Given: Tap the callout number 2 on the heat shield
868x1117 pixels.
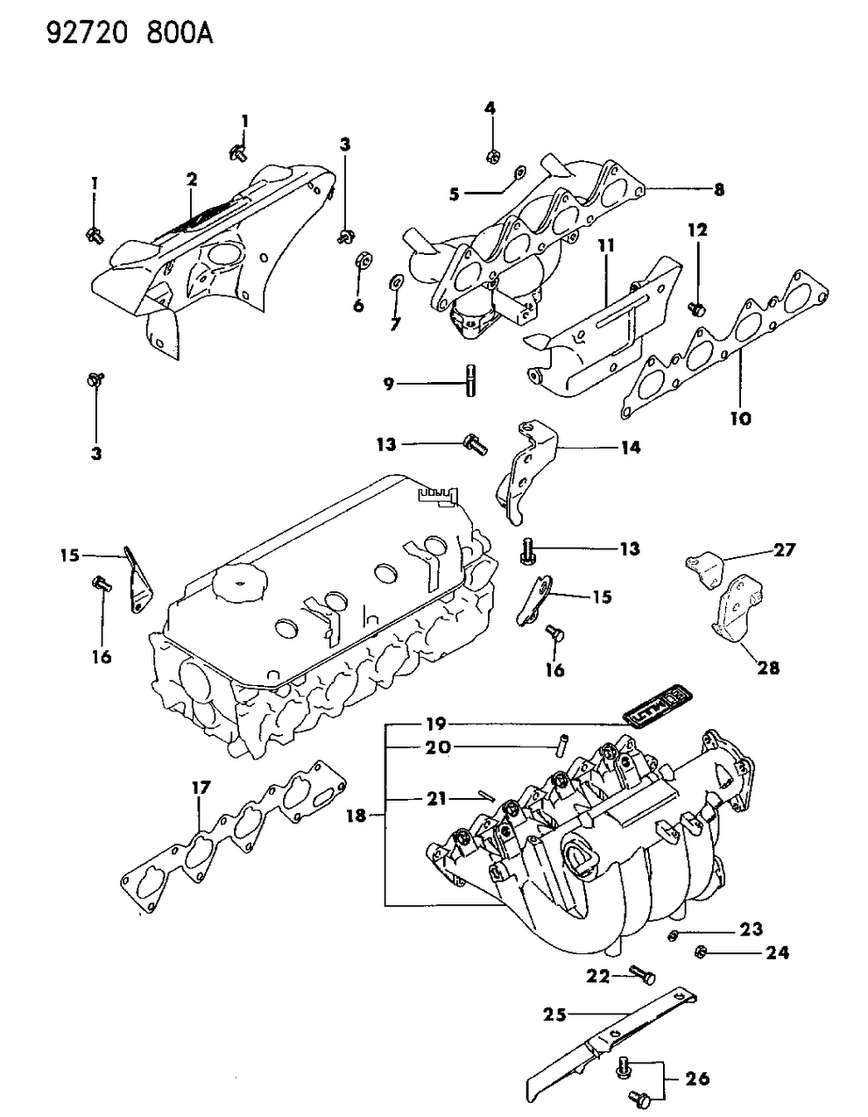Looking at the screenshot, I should pyautogui.click(x=191, y=180).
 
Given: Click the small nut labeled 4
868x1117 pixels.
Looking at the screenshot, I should pyautogui.click(x=491, y=158).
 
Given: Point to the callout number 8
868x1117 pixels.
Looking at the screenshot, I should pyautogui.click(x=719, y=188).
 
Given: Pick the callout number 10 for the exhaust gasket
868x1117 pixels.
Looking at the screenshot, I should pyautogui.click(x=740, y=419).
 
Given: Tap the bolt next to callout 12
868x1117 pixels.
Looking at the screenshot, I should pyautogui.click(x=698, y=308).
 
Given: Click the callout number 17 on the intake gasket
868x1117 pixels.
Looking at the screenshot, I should pyautogui.click(x=201, y=788).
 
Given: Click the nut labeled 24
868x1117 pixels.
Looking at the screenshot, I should pyautogui.click(x=702, y=952).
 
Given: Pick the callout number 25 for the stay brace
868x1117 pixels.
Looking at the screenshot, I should pyautogui.click(x=554, y=1015).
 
